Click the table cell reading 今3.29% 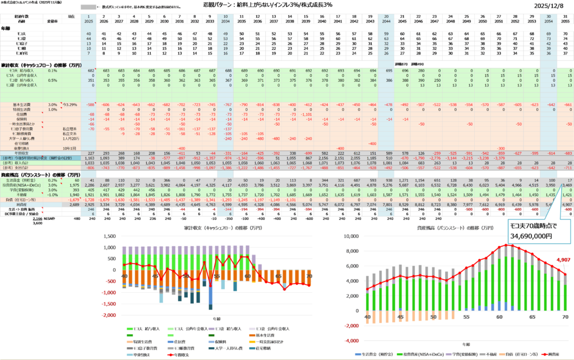70,105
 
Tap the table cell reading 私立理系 70,128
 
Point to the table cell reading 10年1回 70,147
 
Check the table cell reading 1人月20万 70,138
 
